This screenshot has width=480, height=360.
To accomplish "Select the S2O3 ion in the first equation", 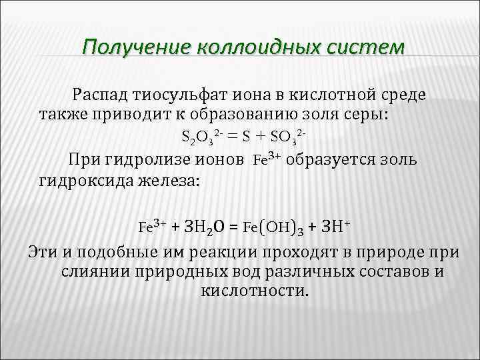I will pyautogui.click(x=199, y=137).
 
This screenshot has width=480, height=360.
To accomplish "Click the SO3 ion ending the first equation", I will pyautogui.click(x=291, y=137).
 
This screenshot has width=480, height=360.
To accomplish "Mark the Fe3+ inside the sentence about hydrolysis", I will pyautogui.click(x=267, y=160).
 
